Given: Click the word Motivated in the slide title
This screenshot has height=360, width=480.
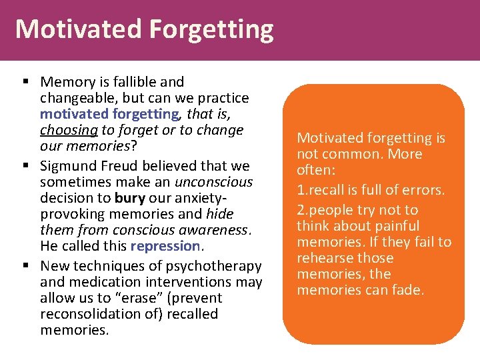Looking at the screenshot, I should (x=79, y=30).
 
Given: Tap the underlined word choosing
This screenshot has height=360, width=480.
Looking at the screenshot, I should (x=63, y=130).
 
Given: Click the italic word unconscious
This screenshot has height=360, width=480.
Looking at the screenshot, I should (x=213, y=181).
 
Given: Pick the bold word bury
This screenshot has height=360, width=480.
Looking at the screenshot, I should (x=129, y=197).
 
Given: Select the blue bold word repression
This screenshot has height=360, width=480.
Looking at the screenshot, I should (x=165, y=245).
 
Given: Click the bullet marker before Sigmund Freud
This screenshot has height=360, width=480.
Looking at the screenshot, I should (x=24, y=165).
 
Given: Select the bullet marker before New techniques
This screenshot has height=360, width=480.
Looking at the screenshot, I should (x=24, y=266).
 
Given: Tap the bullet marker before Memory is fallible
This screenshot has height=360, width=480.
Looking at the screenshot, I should (x=24, y=82).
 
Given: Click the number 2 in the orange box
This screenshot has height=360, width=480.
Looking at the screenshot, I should (x=301, y=210).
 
